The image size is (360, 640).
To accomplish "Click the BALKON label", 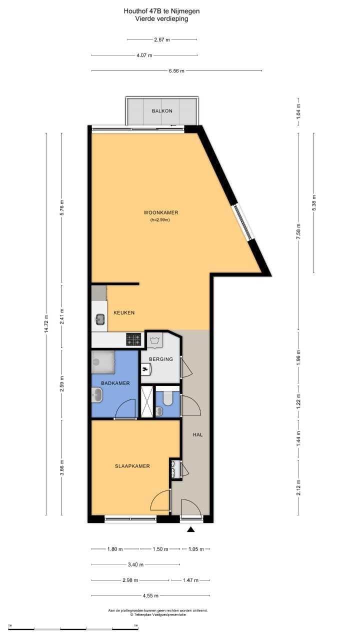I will (x=162, y=110).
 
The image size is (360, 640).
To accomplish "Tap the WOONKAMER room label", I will (x=160, y=212).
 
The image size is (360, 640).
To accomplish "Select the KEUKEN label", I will (x=123, y=312).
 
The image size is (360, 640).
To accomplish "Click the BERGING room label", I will (x=160, y=359).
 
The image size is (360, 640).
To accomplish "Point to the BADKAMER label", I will (x=115, y=383).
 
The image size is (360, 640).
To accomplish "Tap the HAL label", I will (x=197, y=434).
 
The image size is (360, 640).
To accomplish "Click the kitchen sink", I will (x=100, y=318).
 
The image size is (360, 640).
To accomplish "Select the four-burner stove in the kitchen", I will (x=133, y=340).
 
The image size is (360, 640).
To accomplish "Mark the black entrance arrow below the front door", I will (x=190, y=529).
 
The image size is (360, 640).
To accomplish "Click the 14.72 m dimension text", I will (x=46, y=324).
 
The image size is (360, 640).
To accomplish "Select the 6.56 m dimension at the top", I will (x=176, y=71).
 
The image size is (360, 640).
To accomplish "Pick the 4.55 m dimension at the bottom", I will (x=150, y=595).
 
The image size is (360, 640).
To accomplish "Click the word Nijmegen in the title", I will (x=188, y=10).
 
